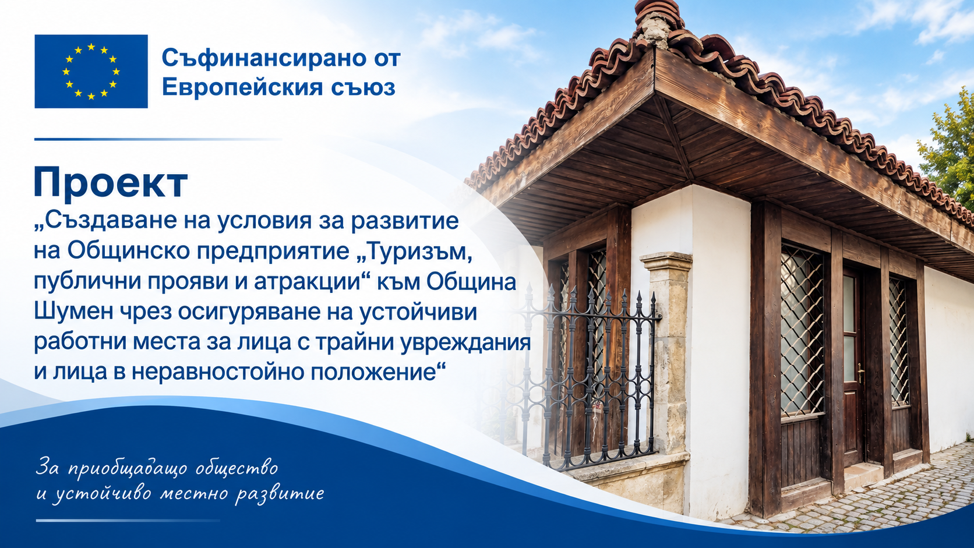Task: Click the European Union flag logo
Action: point(91,71)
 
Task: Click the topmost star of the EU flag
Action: point(91,47)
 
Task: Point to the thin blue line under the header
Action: point(158,140)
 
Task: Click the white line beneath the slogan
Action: point(128,520)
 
